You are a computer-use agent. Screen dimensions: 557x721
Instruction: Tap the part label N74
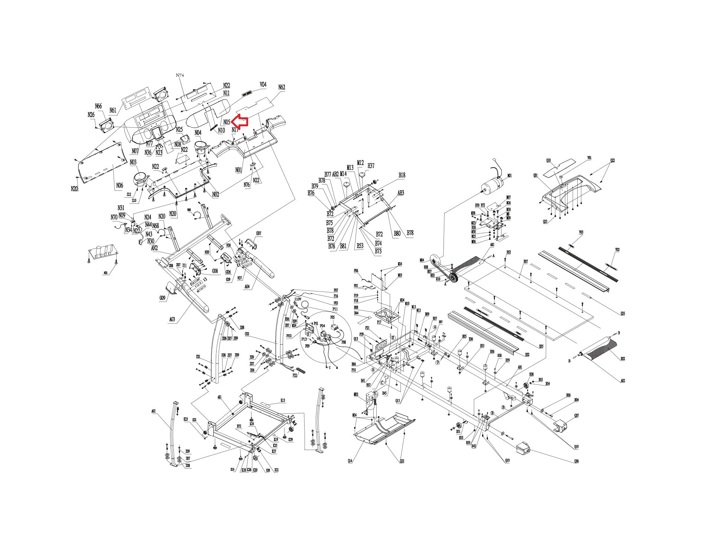[x=180, y=75]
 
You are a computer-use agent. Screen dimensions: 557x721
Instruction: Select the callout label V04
[x=263, y=85]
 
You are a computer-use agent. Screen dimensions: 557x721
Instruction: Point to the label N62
[x=282, y=87]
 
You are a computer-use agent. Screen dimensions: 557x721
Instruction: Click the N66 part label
[x=98, y=107]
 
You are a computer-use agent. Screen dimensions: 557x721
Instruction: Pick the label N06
[x=119, y=185]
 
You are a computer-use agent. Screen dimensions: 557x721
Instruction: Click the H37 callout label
[x=371, y=166]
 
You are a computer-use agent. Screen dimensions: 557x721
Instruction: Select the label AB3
[x=401, y=193]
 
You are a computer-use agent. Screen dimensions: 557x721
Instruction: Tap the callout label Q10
[x=548, y=160]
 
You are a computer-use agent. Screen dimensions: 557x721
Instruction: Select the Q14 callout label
[x=350, y=461]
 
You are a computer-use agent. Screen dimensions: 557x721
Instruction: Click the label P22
[x=295, y=375]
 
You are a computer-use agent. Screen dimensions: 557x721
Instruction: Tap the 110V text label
[x=298, y=299]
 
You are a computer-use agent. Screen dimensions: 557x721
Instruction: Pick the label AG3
[x=172, y=319]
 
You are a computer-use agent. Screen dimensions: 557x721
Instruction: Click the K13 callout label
[x=283, y=401]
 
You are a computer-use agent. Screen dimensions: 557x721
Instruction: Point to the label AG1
[x=153, y=411]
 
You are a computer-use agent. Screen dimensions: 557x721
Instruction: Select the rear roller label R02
[x=623, y=359]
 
